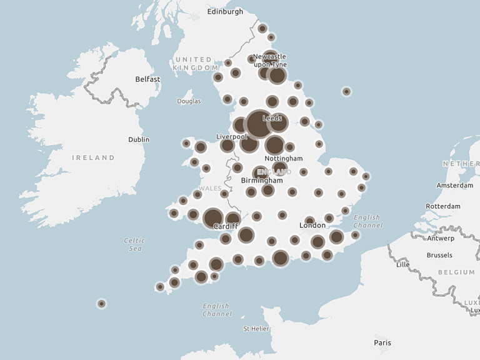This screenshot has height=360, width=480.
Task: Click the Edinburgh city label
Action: tap(225, 12)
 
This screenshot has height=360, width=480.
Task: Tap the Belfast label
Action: tap(148, 79)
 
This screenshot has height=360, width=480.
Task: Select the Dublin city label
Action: tap(139, 139)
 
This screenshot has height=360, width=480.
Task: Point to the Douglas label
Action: tap(189, 101)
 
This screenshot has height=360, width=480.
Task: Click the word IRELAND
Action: tap(94, 158)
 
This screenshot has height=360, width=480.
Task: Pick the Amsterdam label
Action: tap(455, 186)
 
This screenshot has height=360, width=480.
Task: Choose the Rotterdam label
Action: tap(443, 206)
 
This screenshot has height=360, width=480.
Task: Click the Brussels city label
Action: tap(439, 255)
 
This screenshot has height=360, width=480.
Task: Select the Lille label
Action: tap(403, 265)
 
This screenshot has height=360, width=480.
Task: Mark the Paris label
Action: tap(382, 342)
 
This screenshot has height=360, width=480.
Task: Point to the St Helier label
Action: tap(256, 328)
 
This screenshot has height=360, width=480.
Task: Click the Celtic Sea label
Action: tap(134, 244)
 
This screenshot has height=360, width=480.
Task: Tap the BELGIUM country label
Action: tap(456, 272)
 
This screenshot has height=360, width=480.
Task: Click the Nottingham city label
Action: tap(284, 159)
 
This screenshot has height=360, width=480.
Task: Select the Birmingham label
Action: tap(262, 181)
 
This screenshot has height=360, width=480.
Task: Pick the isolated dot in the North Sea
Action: tap(346, 92)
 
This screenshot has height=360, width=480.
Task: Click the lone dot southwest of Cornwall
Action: tap(101, 304)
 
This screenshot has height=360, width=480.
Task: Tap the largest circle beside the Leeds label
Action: tap(259, 123)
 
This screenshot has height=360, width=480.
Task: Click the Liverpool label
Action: tap(232, 136)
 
